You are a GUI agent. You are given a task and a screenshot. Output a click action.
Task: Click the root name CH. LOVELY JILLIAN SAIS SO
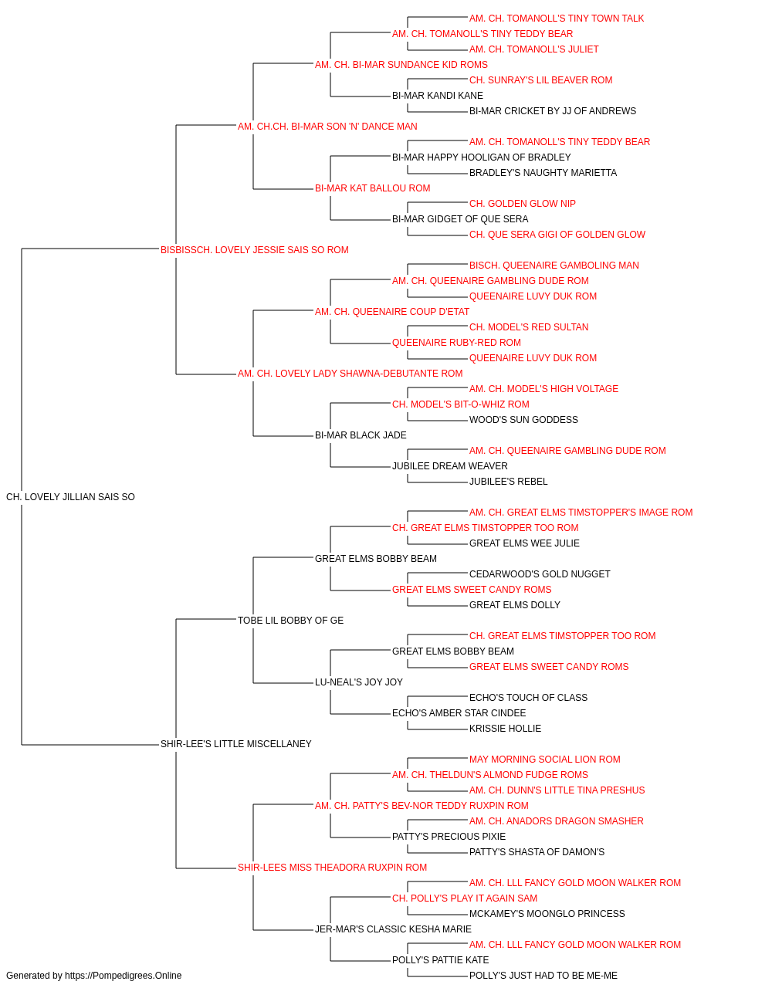coord(70,497)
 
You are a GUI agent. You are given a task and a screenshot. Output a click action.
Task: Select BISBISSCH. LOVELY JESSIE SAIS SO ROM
coord(255,250)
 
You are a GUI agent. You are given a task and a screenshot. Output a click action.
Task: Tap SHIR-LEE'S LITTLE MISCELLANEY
coord(236,744)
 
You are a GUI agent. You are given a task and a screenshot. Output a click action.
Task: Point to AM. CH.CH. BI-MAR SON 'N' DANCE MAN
coord(327,127)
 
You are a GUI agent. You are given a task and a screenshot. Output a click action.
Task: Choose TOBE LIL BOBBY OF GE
coord(290,620)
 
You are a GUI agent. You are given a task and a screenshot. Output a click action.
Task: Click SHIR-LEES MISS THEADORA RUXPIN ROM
coord(333,868)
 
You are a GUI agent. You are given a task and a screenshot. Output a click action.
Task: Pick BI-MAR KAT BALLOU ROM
coord(372,188)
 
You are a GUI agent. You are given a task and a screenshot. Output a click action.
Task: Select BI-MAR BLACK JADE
coord(361,435)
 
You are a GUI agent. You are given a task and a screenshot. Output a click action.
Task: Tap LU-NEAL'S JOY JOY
coord(359,682)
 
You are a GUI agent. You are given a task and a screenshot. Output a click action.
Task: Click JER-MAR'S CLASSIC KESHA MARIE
coord(393,929)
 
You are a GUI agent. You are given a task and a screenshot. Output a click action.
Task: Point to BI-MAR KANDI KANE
coord(438,96)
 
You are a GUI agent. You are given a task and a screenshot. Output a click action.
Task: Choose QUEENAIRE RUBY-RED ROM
coord(456,343)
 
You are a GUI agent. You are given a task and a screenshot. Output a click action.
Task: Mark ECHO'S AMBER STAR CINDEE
coord(459,713)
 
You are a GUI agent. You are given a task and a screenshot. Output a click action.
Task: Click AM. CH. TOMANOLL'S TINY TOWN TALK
coord(557,19)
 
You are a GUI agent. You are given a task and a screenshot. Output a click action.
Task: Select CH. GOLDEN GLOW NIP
coord(523,204)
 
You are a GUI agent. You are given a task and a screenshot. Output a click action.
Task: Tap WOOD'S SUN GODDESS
coord(523,420)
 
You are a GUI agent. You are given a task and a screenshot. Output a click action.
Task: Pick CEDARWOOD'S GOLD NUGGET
coord(540,574)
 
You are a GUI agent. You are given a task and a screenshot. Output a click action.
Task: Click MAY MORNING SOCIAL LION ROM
coord(545,760)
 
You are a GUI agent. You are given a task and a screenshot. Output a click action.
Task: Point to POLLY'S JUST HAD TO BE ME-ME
coord(543,976)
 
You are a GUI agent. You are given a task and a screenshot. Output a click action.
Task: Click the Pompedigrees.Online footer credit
coord(93,976)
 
